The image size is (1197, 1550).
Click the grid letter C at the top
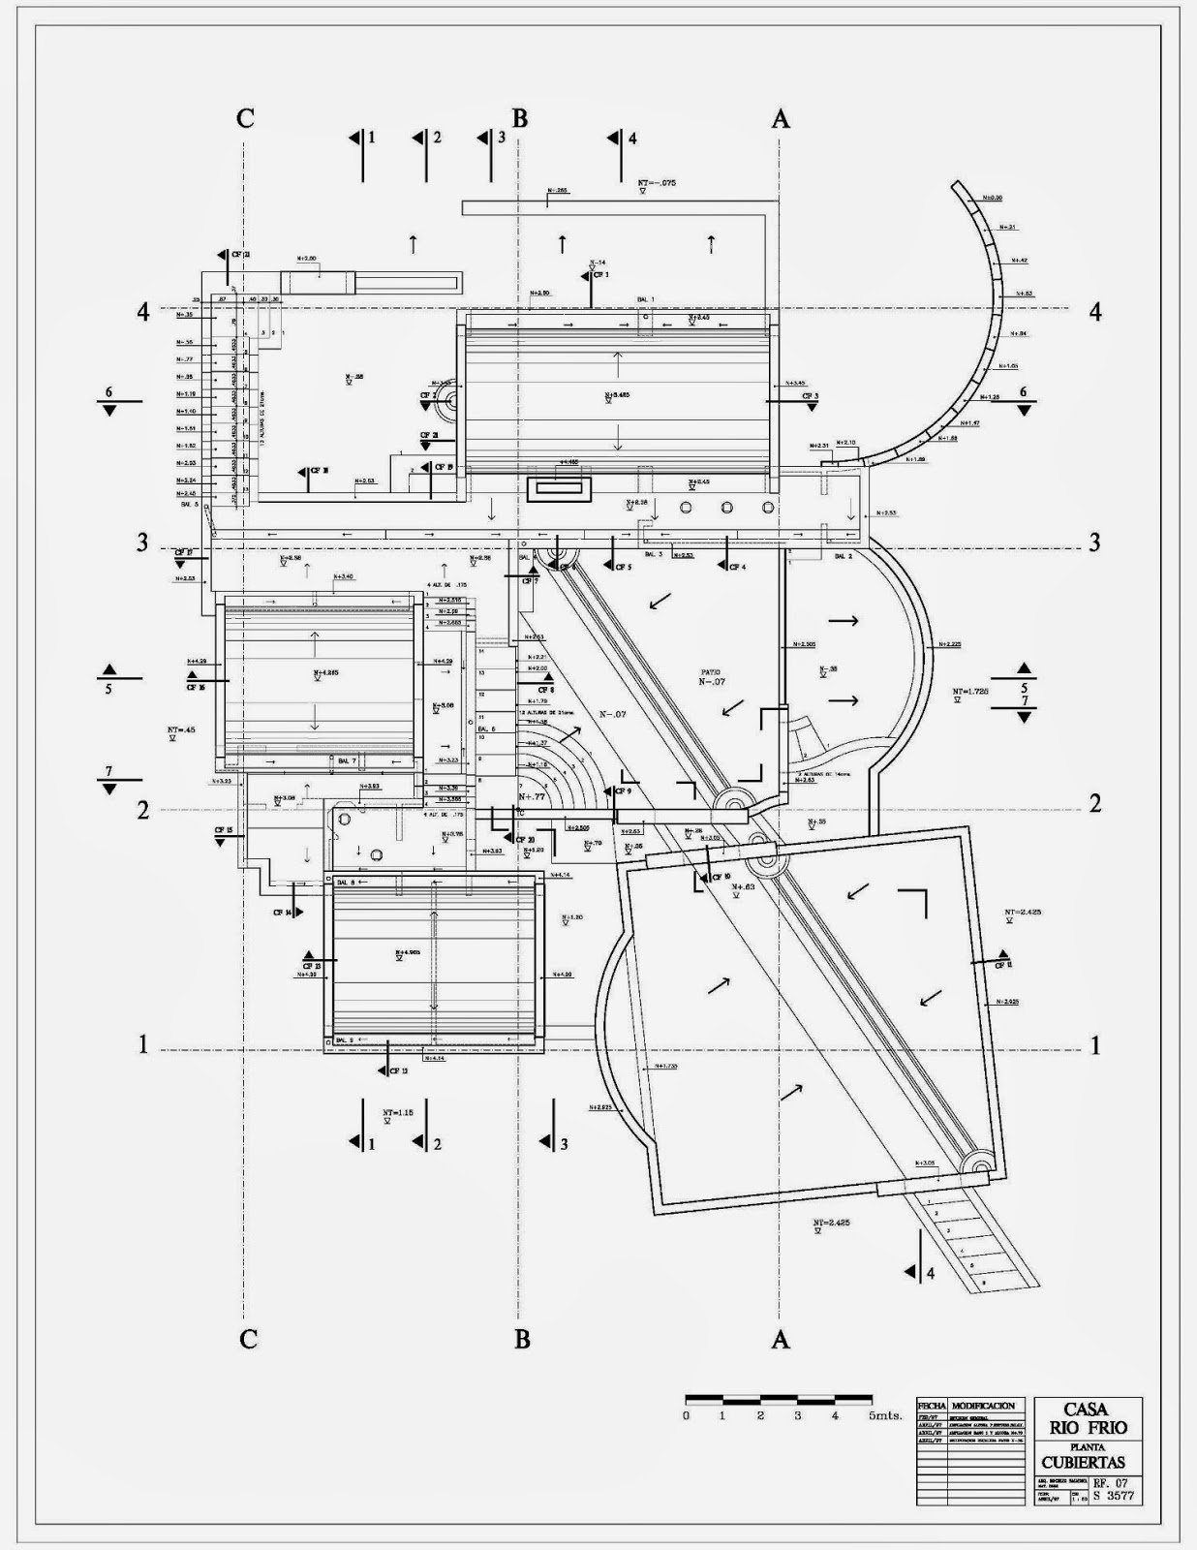(246, 118)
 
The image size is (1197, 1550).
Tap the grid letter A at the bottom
(781, 1340)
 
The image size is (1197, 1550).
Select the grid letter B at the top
(520, 118)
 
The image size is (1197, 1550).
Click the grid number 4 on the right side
(1095, 312)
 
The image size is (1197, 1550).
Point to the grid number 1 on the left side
(143, 1045)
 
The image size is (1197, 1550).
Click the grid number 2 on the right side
(1095, 803)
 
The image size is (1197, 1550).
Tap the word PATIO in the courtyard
(712, 671)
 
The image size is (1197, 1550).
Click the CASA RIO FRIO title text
(1087, 1419)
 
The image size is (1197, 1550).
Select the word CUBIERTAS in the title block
(1084, 1462)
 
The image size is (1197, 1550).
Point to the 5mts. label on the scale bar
(885, 1415)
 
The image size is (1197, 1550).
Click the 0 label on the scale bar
(686, 1415)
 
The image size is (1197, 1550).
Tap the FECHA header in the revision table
(932, 1406)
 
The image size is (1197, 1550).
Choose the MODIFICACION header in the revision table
(983, 1406)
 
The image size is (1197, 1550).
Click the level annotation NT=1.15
(397, 1113)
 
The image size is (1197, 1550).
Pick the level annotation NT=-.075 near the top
(656, 182)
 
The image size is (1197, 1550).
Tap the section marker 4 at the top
(632, 139)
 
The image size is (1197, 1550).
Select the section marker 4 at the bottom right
(931, 1273)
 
